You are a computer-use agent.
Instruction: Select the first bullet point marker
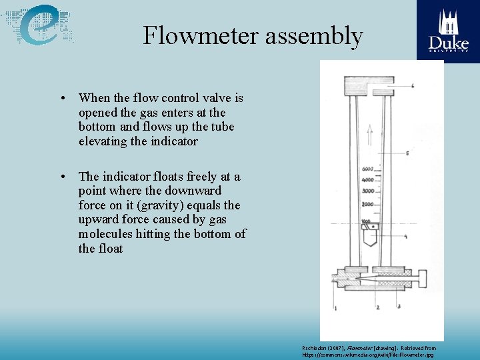click(x=61, y=99)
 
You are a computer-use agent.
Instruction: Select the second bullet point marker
click(x=61, y=177)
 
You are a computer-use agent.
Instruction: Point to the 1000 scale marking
click(x=366, y=221)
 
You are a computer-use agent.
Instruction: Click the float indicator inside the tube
click(x=368, y=235)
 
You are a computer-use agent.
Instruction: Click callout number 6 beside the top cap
click(x=413, y=87)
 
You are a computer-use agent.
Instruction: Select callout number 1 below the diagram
click(x=335, y=307)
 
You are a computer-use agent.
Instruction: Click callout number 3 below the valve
click(x=399, y=307)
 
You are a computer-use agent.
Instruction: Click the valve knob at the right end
click(x=420, y=275)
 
